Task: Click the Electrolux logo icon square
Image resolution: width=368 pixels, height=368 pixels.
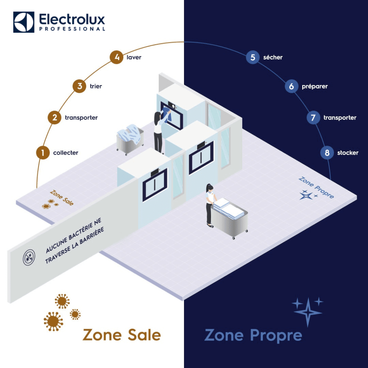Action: (x=24, y=22)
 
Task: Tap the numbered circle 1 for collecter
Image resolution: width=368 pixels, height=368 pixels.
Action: (x=43, y=153)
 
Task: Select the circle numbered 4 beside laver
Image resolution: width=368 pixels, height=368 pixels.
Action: (x=116, y=57)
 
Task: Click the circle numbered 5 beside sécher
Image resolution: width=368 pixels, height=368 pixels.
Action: (x=253, y=57)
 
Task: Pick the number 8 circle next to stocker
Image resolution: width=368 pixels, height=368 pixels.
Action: (x=327, y=153)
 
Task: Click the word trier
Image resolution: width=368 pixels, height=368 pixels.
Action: (x=96, y=86)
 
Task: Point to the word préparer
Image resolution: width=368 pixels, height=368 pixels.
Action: (x=315, y=86)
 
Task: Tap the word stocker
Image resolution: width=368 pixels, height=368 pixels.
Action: (x=348, y=153)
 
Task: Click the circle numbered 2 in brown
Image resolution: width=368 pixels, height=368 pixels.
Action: (x=55, y=118)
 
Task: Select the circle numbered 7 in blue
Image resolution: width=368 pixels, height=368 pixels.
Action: (x=313, y=118)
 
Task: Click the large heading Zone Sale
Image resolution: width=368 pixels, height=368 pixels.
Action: (x=121, y=335)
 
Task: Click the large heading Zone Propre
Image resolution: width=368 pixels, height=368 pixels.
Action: (x=253, y=335)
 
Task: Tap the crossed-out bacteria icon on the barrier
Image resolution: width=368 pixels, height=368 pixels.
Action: (x=29, y=258)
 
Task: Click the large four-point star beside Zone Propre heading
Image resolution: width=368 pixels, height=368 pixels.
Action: (x=308, y=312)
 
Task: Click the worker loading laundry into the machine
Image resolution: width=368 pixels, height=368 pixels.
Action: (x=159, y=131)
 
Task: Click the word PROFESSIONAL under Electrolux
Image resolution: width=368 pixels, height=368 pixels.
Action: (x=72, y=29)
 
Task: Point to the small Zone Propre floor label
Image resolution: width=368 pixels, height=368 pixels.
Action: (x=316, y=187)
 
